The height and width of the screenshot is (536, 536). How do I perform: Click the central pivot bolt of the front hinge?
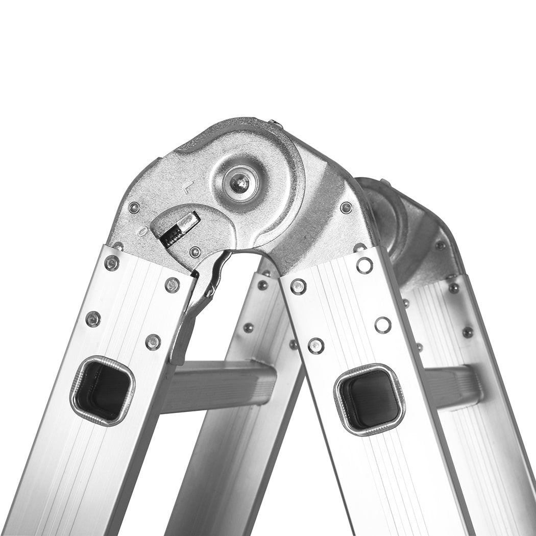point(239,182)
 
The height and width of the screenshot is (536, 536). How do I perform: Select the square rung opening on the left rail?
point(102,391)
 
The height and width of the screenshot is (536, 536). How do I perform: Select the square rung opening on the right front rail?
point(370,399)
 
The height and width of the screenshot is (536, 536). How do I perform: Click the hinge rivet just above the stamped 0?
point(134,207)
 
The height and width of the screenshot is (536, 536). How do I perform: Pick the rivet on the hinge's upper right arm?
point(346,207)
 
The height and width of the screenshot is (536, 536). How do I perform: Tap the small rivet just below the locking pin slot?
point(195,252)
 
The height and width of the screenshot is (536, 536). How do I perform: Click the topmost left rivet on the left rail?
point(111,263)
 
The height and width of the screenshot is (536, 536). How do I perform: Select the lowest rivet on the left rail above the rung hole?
point(153,342)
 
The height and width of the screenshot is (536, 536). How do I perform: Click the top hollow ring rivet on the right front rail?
point(364,264)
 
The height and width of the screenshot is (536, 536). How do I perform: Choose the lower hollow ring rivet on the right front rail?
point(383,325)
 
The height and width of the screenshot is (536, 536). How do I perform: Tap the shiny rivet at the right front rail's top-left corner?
point(298,286)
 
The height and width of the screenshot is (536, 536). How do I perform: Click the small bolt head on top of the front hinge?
point(274,123)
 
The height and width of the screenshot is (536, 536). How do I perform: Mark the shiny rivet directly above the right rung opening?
point(316,346)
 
